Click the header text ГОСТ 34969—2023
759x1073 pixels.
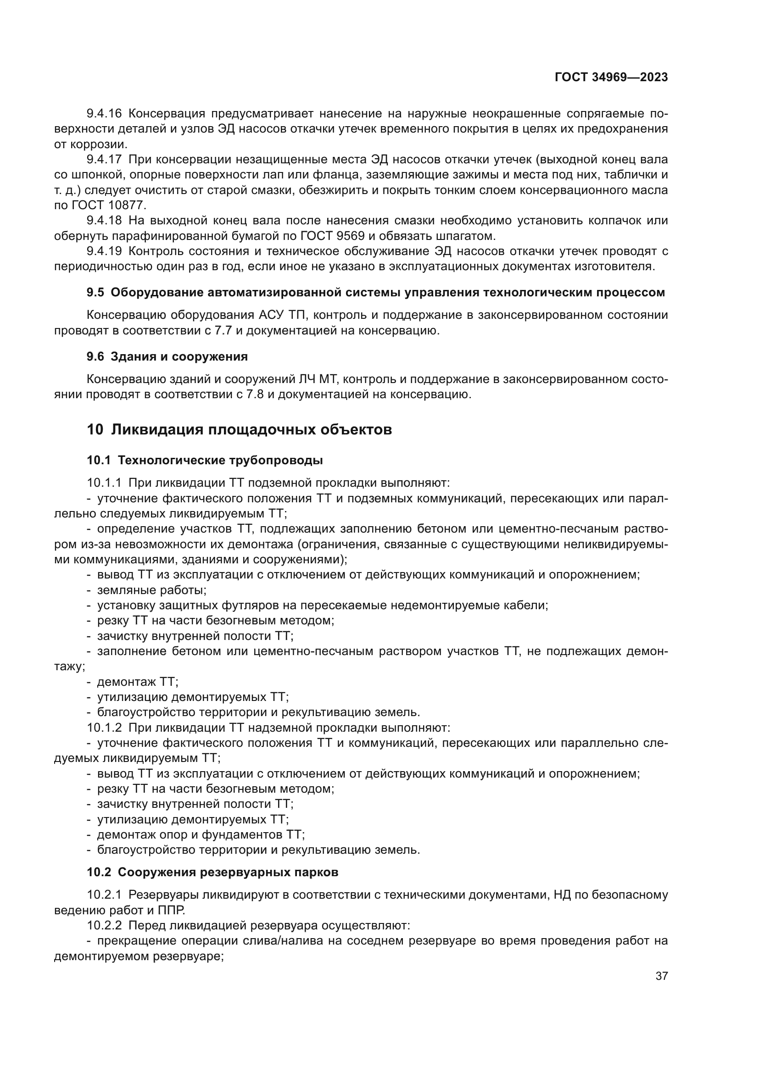click(611, 78)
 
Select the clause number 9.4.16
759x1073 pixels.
click(104, 114)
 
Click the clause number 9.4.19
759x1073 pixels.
click(104, 251)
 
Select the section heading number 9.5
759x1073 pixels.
click(95, 293)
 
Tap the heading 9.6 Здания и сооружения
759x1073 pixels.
click(167, 357)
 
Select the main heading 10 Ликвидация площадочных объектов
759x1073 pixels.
click(239, 429)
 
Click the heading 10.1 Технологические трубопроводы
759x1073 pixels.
click(205, 461)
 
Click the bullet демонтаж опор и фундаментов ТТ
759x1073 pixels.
click(201, 834)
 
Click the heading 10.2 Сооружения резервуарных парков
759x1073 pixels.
click(212, 873)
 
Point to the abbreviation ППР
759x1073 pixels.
click(172, 910)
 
